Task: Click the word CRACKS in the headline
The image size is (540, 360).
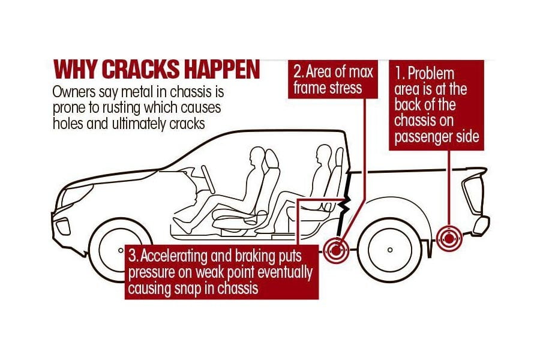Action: (141, 70)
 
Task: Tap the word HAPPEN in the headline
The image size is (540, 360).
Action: (221, 70)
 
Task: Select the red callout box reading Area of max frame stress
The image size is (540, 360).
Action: (332, 79)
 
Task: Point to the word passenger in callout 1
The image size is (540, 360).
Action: (423, 137)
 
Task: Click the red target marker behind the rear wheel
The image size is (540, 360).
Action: (449, 238)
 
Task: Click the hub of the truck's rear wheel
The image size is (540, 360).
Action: (390, 250)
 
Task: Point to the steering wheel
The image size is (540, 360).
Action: (208, 179)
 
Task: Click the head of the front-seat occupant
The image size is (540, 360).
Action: (257, 157)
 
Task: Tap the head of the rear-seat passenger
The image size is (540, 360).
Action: (323, 154)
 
